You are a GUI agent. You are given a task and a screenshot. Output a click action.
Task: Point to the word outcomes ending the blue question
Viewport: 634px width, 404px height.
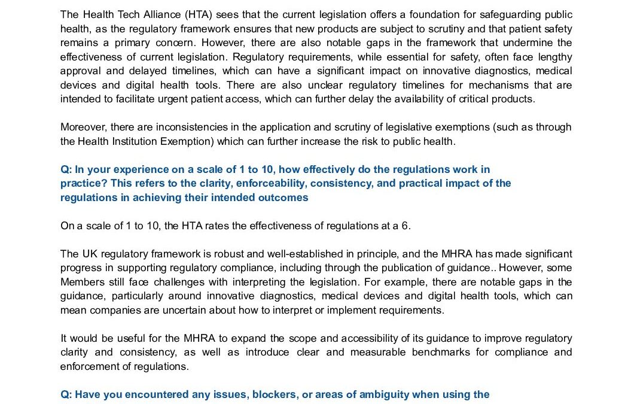click(x=285, y=198)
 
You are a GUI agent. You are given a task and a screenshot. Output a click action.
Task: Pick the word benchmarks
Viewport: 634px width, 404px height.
click(x=443, y=352)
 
